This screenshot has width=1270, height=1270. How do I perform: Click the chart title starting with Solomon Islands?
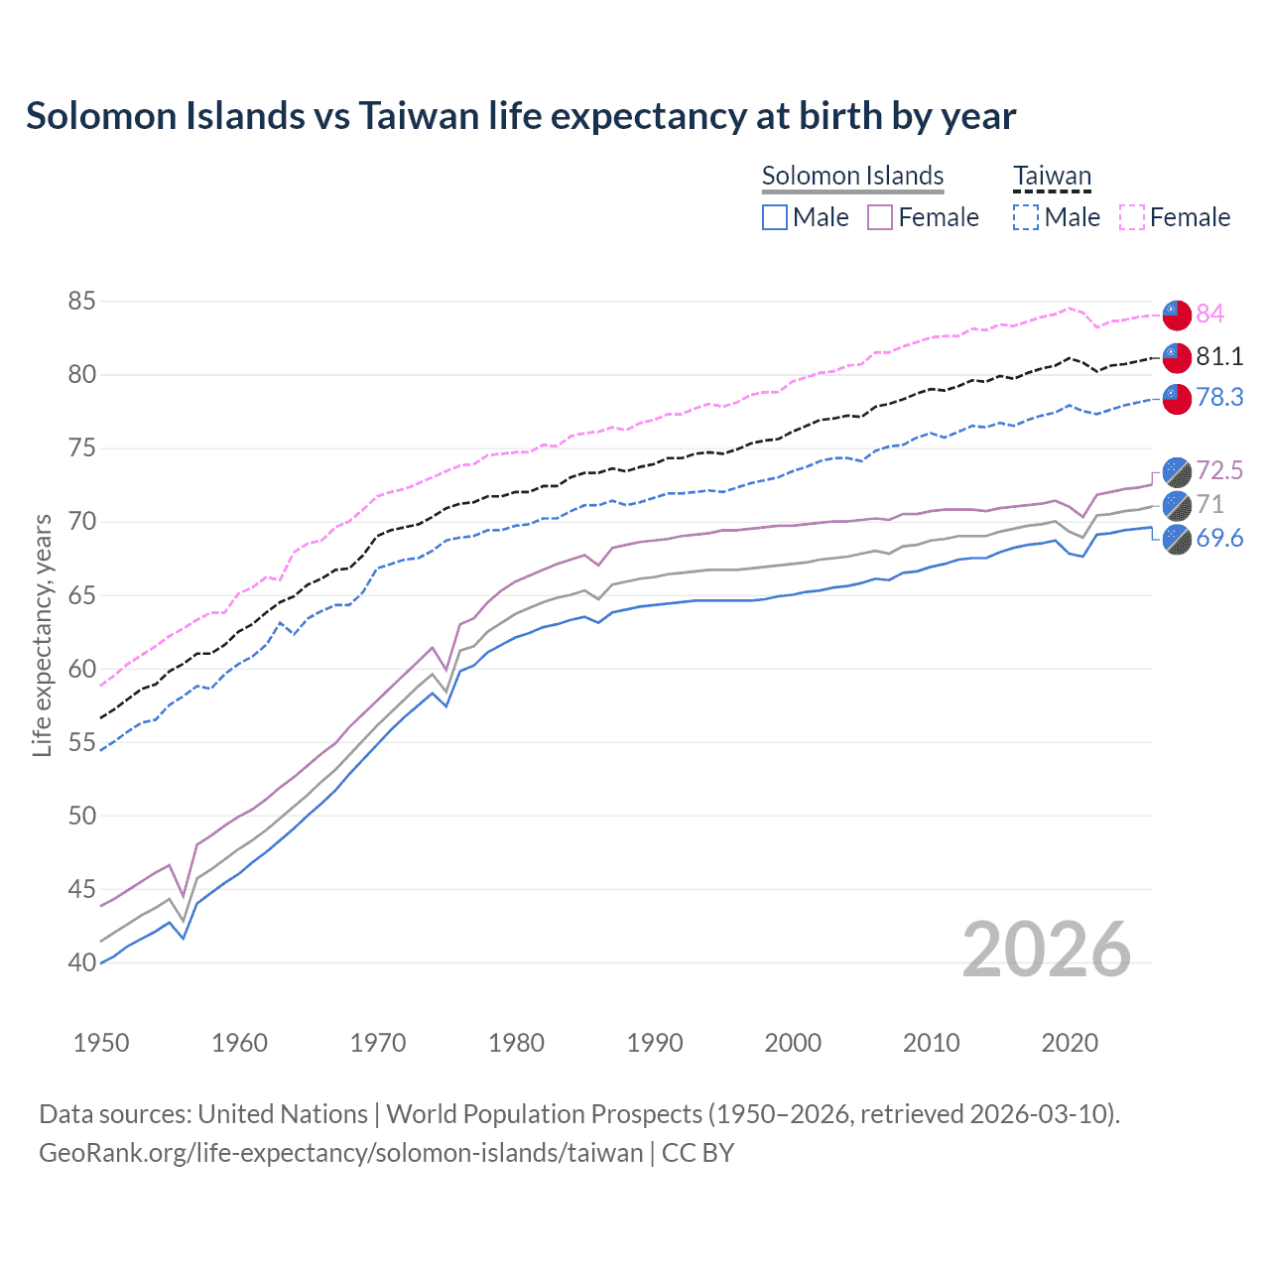(x=521, y=116)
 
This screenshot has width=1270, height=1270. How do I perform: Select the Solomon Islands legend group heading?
(x=852, y=176)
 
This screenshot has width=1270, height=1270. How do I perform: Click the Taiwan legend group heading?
(x=1052, y=176)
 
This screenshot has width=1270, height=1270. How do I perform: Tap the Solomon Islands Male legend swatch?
(x=775, y=217)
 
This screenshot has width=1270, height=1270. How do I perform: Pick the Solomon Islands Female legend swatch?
(x=881, y=217)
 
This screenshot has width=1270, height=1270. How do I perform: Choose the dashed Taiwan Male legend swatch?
(x=1026, y=217)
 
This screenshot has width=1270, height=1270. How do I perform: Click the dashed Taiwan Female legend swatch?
(x=1132, y=217)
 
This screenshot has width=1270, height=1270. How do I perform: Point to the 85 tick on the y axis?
(x=82, y=301)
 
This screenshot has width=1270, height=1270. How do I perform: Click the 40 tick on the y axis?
(x=82, y=962)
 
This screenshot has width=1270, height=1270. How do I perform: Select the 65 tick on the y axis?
(x=82, y=595)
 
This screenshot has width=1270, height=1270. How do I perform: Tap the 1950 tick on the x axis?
(x=101, y=1043)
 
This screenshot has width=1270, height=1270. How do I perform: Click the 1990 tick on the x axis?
(x=655, y=1043)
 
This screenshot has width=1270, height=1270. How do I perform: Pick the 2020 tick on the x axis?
(x=1070, y=1043)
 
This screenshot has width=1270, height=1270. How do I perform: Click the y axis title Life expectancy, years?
(x=42, y=635)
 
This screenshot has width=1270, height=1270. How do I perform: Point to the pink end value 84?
(x=1209, y=314)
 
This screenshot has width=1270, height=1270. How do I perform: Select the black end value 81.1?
(x=1219, y=356)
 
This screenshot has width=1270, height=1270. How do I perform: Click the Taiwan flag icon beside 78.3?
(x=1177, y=398)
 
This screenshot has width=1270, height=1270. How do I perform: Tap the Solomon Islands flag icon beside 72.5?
(x=1177, y=471)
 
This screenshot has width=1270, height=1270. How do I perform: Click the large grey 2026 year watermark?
(x=1047, y=950)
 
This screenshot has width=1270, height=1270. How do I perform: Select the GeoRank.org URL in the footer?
(x=340, y=1153)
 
